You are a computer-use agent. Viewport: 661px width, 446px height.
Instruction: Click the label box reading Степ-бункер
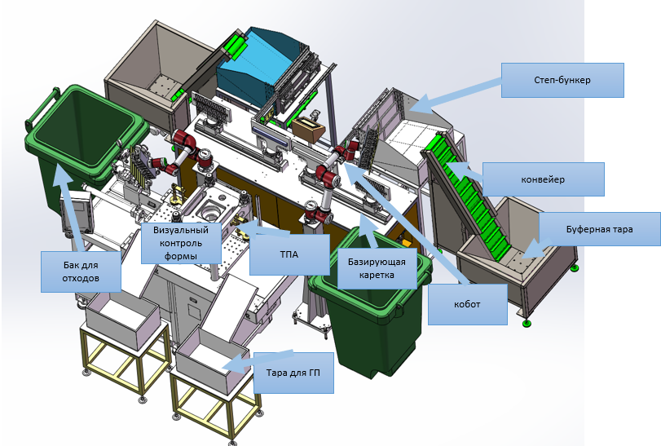click(x=562, y=80)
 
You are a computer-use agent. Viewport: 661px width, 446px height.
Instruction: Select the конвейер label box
click(x=544, y=179)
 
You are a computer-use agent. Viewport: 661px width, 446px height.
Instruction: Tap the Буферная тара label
click(x=599, y=229)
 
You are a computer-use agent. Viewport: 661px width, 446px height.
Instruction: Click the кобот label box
click(x=468, y=304)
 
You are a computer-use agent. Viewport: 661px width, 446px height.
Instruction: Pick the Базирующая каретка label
click(x=377, y=268)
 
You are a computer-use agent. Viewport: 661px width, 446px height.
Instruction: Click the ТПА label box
click(x=289, y=254)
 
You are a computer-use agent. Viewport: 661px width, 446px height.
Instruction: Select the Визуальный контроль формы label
click(x=181, y=243)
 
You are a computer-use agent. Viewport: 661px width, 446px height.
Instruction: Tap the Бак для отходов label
click(x=81, y=272)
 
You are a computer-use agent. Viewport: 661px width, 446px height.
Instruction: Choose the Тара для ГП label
click(x=293, y=373)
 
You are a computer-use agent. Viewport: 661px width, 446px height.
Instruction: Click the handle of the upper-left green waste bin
click(x=41, y=108)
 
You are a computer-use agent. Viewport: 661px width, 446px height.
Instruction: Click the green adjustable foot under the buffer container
click(x=526, y=324)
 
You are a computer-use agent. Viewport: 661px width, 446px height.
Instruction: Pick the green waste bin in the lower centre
click(x=370, y=302)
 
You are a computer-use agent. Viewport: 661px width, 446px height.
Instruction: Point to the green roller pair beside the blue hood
click(x=234, y=46)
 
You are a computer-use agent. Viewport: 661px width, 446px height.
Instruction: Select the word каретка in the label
click(x=377, y=275)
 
